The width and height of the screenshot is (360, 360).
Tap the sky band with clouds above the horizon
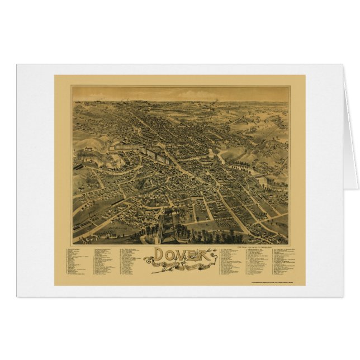[179, 93]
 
